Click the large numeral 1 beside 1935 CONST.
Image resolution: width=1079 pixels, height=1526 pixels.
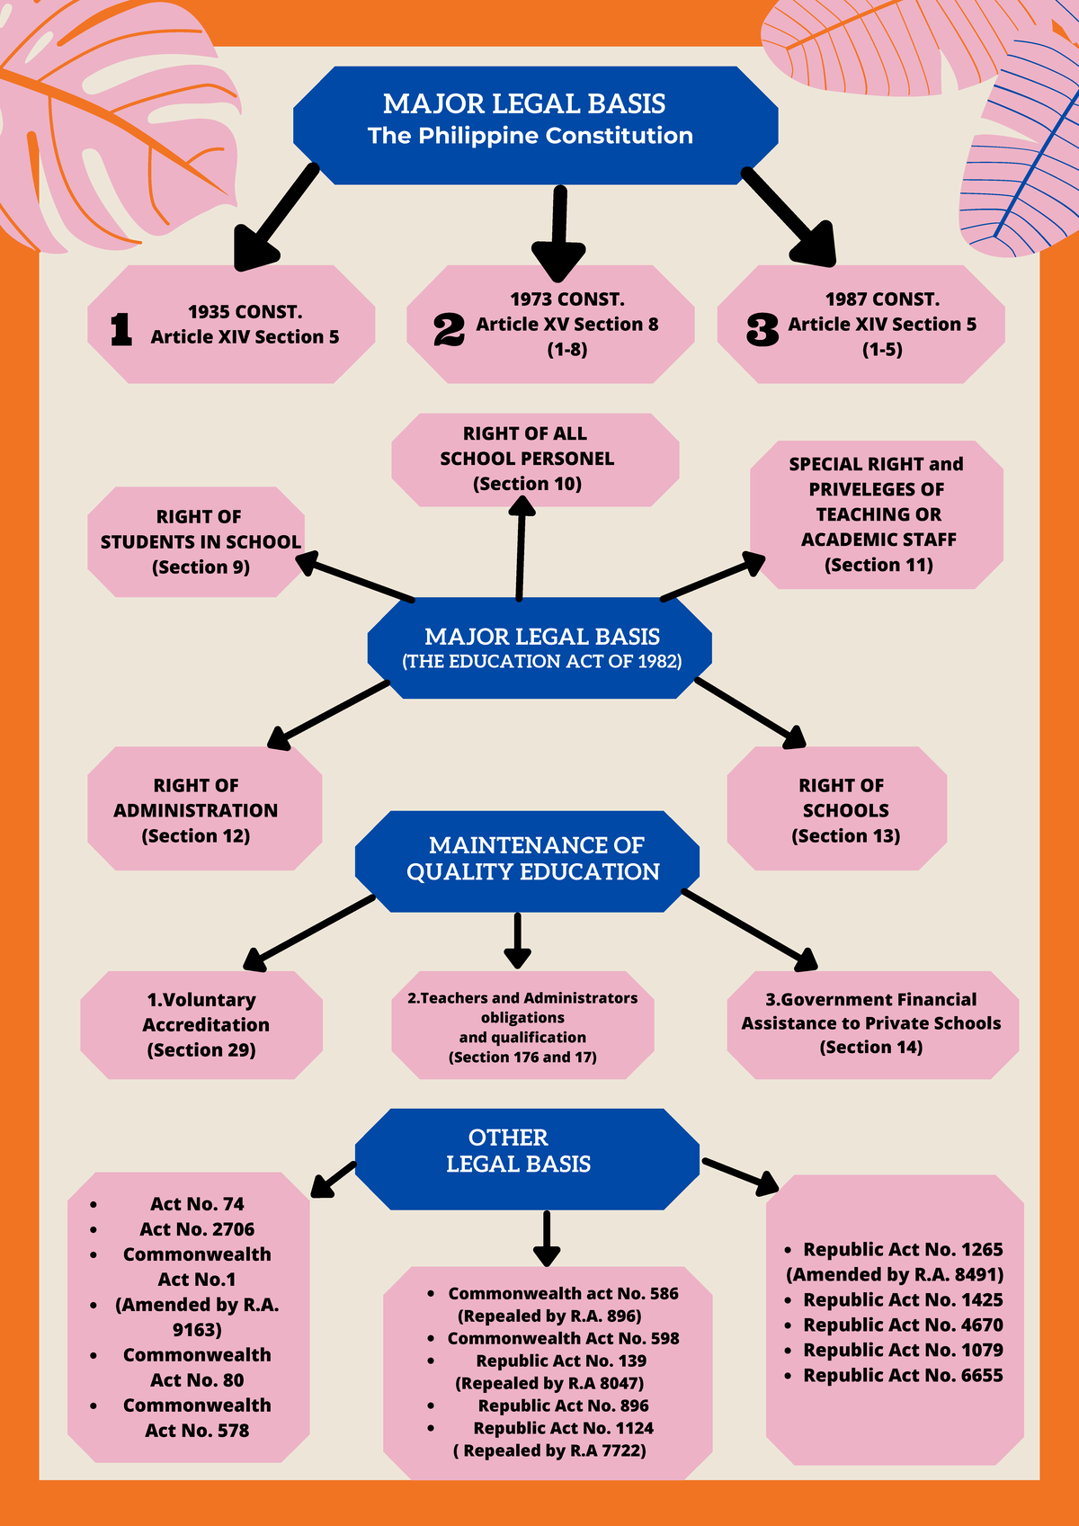(121, 330)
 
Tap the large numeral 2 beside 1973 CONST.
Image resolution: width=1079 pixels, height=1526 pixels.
(449, 330)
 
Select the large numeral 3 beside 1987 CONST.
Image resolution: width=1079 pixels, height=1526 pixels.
(762, 330)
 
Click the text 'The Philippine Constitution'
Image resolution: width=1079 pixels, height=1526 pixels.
(531, 136)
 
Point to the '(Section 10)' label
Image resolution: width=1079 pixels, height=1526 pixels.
(527, 484)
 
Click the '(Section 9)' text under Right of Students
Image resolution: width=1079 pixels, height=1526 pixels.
(201, 567)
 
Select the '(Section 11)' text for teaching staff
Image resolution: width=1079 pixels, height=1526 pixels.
(878, 565)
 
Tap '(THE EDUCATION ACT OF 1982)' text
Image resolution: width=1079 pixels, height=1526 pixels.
(541, 661)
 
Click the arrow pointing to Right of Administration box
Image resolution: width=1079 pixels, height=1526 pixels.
(328, 715)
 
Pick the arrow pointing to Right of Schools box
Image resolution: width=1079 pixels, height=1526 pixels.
(750, 713)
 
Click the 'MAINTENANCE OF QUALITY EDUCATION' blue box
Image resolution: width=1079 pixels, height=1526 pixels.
(527, 861)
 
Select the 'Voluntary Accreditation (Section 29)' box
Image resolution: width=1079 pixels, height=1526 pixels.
(201, 1024)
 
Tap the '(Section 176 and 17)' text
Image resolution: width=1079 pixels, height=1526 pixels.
(522, 1057)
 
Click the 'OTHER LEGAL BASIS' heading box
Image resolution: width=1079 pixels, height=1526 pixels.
(527, 1159)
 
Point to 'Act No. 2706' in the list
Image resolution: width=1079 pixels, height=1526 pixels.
(197, 1229)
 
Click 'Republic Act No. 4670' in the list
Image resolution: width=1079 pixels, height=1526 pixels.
(904, 1325)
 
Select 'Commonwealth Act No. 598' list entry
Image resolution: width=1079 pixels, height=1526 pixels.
(564, 1339)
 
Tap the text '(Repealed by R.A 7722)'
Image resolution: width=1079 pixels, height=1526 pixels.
(549, 1450)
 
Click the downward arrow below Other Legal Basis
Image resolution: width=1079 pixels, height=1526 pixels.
(547, 1239)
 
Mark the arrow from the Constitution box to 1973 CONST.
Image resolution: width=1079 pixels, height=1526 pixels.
(559, 234)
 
